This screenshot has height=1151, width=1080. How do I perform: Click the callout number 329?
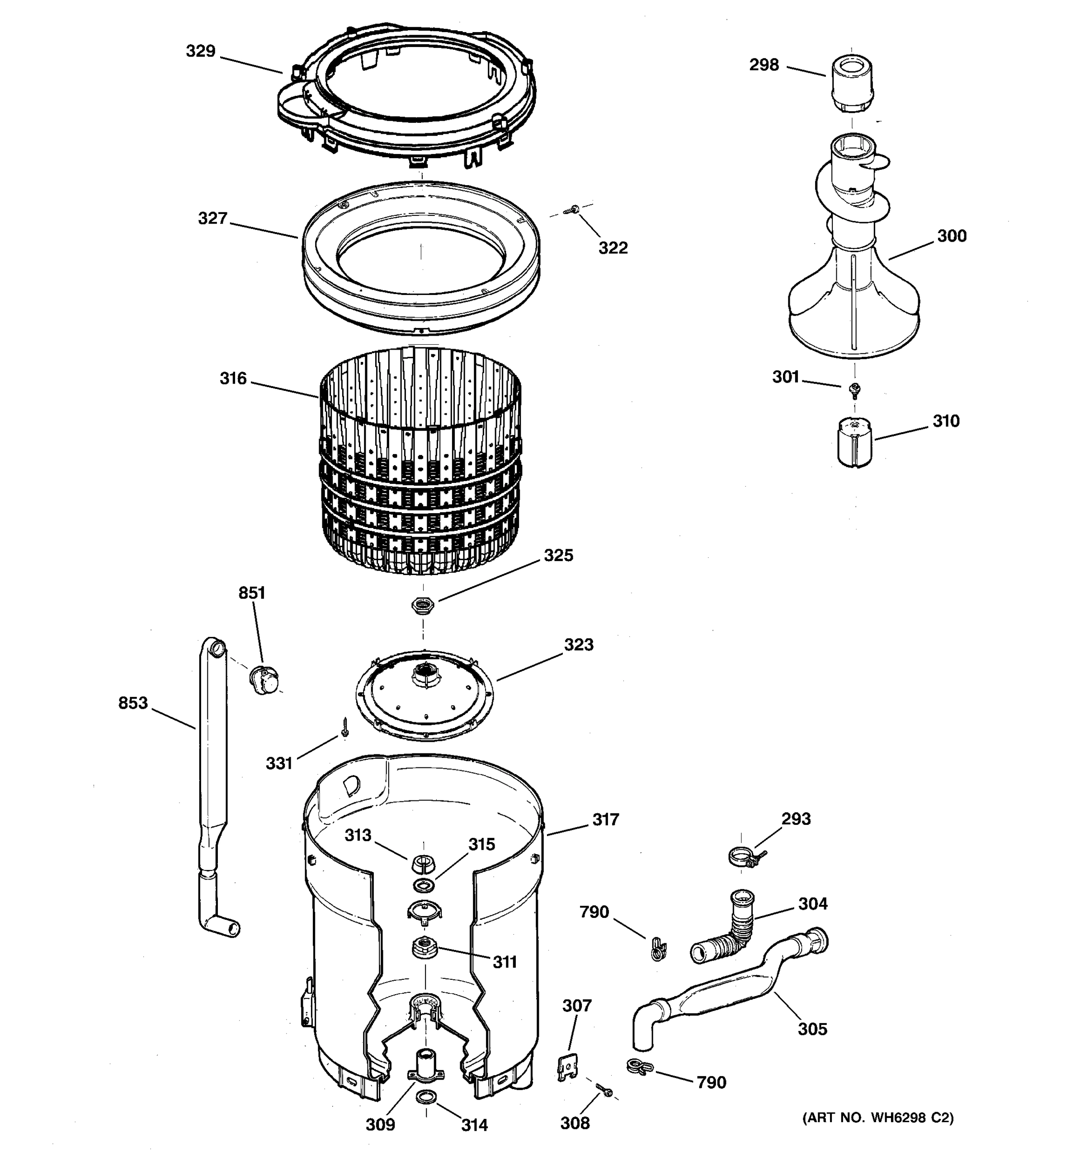click(201, 51)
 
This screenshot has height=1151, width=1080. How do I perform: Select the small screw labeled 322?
click(574, 210)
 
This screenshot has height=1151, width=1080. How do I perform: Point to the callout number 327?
click(213, 218)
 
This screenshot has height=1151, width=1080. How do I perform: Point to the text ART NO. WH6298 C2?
click(878, 1133)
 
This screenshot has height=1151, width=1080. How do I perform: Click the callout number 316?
click(233, 379)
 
